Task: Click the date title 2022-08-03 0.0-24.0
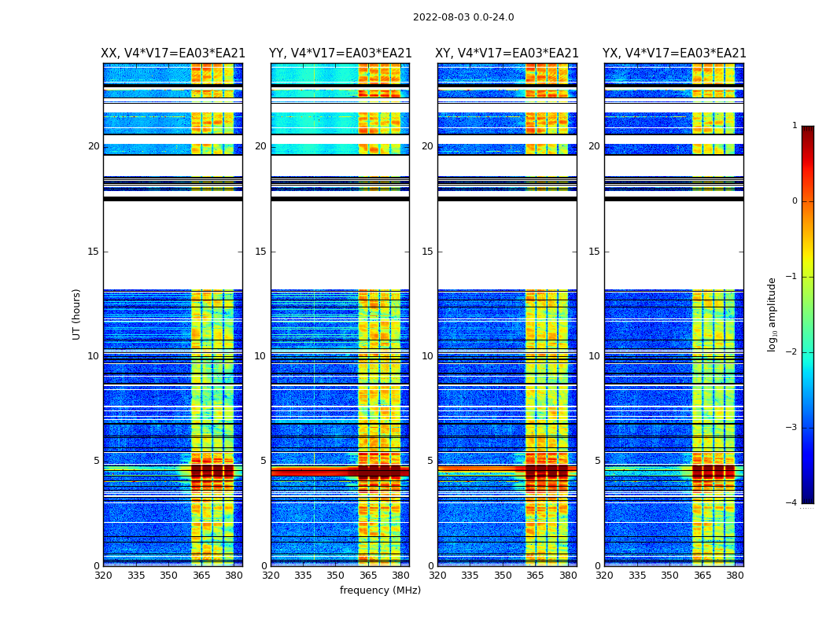coord(463,17)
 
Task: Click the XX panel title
coord(173,53)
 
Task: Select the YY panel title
coord(340,53)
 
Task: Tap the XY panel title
coord(507,53)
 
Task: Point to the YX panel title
coord(674,53)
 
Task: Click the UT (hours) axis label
coord(77,314)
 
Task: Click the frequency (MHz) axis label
coord(380,590)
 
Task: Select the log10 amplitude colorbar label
coord(773,314)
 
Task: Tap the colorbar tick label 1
coord(795,126)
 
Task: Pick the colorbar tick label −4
coord(792,503)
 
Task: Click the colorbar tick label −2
coord(792,352)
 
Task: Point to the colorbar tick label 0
coord(795,201)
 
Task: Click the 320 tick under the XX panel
coord(103,576)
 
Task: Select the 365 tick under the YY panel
coord(368,576)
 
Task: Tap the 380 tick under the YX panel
coord(735,576)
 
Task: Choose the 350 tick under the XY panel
coord(503,576)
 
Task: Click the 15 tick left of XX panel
coord(94,252)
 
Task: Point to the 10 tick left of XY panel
coord(429,356)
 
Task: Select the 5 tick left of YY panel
coord(264,461)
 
